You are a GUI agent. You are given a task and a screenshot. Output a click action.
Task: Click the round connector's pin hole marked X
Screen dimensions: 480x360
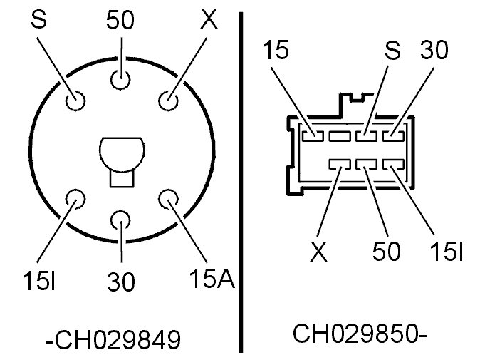click(168, 101)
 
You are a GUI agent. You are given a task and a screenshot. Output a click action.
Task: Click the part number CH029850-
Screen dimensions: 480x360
click(359, 333)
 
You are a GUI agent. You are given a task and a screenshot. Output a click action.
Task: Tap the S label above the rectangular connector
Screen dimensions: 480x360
click(393, 51)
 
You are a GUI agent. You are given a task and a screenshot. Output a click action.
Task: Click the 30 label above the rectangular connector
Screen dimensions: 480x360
click(435, 51)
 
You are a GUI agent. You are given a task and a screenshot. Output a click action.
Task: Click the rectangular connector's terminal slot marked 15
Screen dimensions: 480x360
click(311, 134)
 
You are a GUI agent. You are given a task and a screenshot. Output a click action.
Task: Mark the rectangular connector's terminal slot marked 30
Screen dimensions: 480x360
click(394, 134)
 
